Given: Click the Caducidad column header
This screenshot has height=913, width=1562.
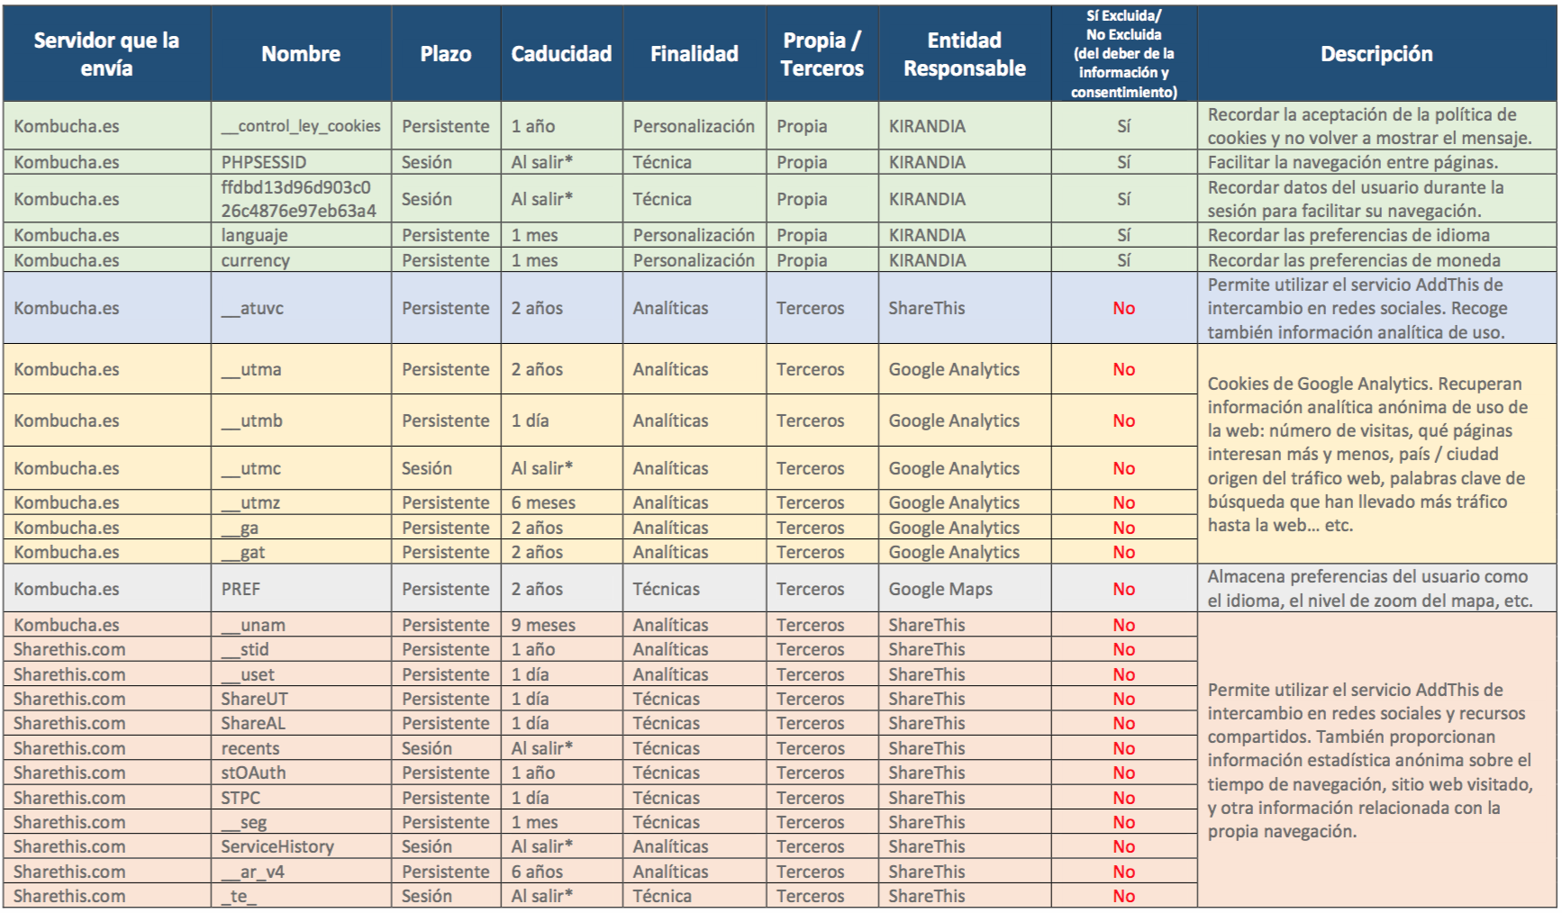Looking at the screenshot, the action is pos(561,54).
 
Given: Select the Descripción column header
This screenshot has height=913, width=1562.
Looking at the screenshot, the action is pos(1376,54).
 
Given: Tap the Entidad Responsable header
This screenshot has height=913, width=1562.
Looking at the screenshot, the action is pos(965,54).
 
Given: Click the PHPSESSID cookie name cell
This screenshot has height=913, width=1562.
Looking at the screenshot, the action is pos(264,162).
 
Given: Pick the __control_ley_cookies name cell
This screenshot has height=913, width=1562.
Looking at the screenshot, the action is pos(301,126).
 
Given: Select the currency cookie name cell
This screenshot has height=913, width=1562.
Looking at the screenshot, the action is pos(256,260).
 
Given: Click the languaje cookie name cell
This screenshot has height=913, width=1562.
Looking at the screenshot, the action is pos(255,235).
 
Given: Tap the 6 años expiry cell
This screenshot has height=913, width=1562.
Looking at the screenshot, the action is pos(537,872).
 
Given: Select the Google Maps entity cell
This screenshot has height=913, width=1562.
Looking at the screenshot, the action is pos(940,589).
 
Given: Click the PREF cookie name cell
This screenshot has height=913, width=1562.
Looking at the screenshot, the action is pos(241,589).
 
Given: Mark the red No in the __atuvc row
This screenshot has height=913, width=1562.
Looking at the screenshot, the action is pos(1123,308).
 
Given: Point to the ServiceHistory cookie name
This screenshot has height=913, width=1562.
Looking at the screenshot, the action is pos(277,846).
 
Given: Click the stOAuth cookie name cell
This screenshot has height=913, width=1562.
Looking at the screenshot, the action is pos(253,773).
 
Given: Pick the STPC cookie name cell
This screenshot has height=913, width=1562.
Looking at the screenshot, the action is pos(241,798).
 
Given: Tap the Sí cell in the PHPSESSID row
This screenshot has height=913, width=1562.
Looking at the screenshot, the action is pos(1123,162).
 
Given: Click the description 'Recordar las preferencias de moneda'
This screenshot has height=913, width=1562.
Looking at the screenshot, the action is pos(1354,260).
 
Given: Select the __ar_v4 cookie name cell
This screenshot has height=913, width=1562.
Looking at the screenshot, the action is pos(253,872).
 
